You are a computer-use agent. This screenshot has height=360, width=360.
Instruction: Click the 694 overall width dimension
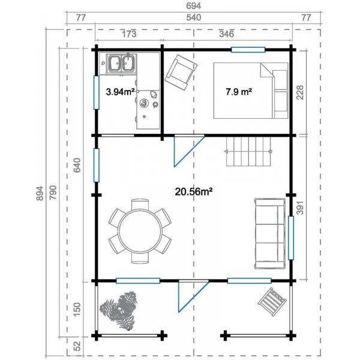pyautogui.click(x=193, y=6)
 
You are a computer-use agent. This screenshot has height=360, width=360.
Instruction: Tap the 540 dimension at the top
pyautogui.click(x=193, y=17)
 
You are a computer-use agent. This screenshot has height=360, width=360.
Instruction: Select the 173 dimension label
pyautogui.click(x=129, y=34)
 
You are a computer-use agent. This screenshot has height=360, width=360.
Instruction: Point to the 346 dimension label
pyautogui.click(x=226, y=34)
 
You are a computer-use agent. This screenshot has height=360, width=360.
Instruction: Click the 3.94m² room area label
pyautogui.click(x=120, y=92)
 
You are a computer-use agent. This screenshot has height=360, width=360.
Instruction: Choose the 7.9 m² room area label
pyautogui.click(x=239, y=92)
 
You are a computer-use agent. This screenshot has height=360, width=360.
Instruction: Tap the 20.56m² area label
pyautogui.click(x=194, y=191)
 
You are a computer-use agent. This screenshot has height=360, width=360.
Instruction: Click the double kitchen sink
pyautogui.click(x=122, y=63)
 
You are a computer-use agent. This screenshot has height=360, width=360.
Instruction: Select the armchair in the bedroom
pyautogui.click(x=181, y=72)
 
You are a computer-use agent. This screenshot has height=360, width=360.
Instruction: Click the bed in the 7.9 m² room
pyautogui.click(x=251, y=91)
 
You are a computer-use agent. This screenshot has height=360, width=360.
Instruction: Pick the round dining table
pyautogui.click(x=140, y=231)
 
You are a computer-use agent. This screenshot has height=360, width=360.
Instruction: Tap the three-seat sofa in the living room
pyautogui.click(x=270, y=233)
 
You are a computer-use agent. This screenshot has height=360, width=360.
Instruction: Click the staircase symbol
pyautogui.click(x=248, y=151)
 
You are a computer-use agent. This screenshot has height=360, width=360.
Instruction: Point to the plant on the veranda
pyautogui.click(x=118, y=310)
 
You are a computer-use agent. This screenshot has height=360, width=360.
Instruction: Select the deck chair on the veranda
pyautogui.click(x=272, y=302)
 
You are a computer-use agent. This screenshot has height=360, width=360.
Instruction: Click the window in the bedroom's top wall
pyautogui.click(x=248, y=50)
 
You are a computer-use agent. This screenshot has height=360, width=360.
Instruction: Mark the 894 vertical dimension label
pyautogui.click(x=40, y=193)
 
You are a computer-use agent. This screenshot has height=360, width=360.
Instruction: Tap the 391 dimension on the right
pyautogui.click(x=300, y=208)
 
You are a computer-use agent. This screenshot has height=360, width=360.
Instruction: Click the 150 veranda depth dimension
pyautogui.click(x=77, y=309)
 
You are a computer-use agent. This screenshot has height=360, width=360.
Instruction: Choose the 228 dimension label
pyautogui.click(x=300, y=92)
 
